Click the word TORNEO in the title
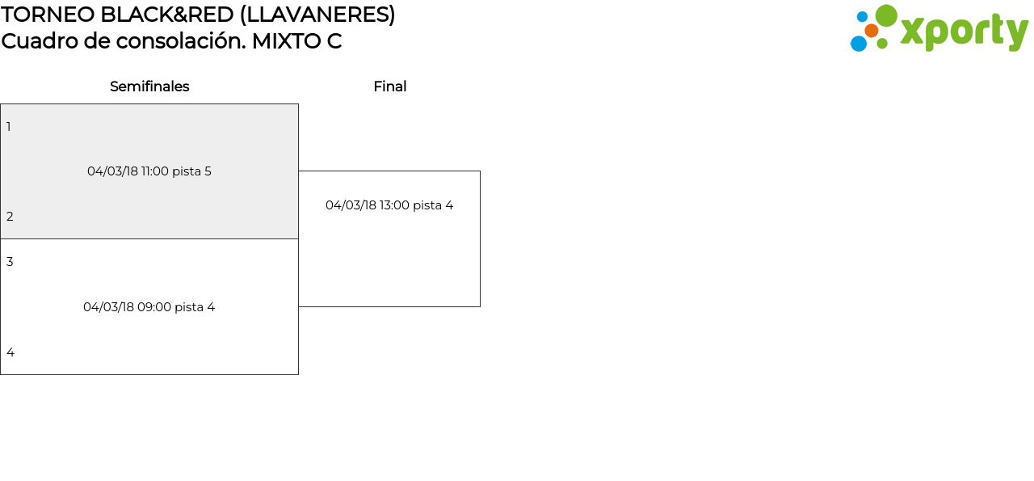pyautogui.click(x=48, y=15)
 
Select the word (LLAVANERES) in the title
pyautogui.click(x=317, y=15)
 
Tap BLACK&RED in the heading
pyautogui.click(x=167, y=15)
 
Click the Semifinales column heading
pyautogui.click(x=149, y=86)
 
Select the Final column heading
pyautogui.click(x=390, y=86)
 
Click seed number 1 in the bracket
pyautogui.click(x=9, y=127)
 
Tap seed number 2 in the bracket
pyautogui.click(x=10, y=216)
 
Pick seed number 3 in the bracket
pyautogui.click(x=10, y=262)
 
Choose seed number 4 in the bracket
pyautogui.click(x=11, y=352)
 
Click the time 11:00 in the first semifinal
pyautogui.click(x=154, y=171)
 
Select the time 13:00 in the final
pyautogui.click(x=395, y=205)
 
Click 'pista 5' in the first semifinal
pyautogui.click(x=191, y=171)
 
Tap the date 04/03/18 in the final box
pyautogui.click(x=351, y=205)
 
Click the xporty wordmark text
pyautogui.click(x=965, y=32)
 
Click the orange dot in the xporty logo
pyautogui.click(x=872, y=31)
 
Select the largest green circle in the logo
pyautogui.click(x=886, y=15)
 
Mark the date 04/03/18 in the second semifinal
pyautogui.click(x=108, y=307)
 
